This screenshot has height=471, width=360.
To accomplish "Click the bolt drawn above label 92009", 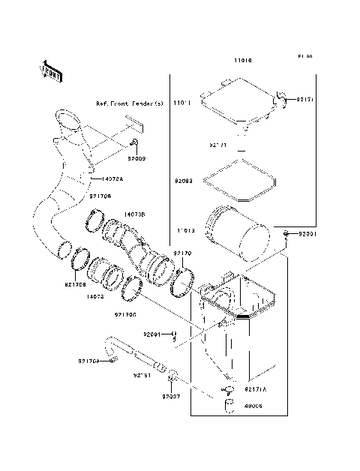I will pos(133,142).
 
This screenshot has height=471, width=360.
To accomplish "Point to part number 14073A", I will pos(113,178).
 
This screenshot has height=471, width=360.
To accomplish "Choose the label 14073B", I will pos(134,214).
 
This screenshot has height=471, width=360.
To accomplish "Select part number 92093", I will pos(185,181).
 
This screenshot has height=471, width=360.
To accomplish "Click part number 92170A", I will pos(88,361).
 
